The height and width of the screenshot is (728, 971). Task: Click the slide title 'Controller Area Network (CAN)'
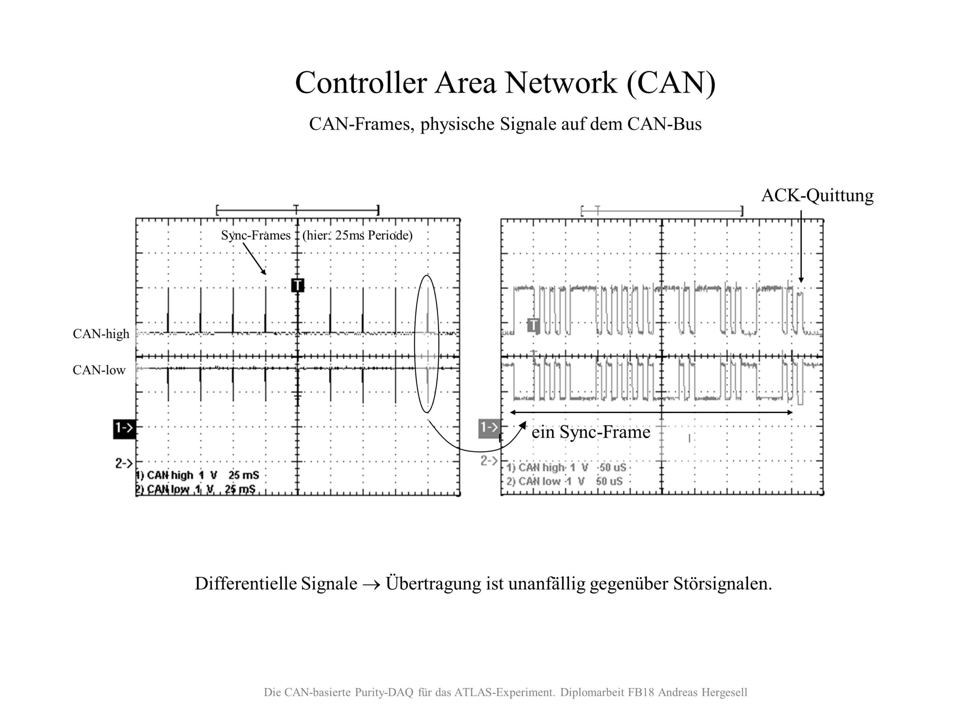click(x=505, y=83)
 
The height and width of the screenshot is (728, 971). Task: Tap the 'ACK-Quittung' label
click(x=817, y=196)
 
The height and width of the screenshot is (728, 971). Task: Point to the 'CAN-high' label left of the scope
click(x=101, y=334)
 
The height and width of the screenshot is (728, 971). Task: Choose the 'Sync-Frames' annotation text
click(x=256, y=235)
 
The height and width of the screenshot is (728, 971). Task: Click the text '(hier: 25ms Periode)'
click(x=357, y=235)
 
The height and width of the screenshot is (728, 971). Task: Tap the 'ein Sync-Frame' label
click(x=591, y=433)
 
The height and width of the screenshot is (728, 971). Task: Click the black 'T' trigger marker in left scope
click(x=298, y=285)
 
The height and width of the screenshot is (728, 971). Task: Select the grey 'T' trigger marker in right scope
click(x=533, y=325)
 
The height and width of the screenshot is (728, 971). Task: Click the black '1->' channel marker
click(x=124, y=428)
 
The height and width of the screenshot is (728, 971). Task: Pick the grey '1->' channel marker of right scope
click(x=489, y=427)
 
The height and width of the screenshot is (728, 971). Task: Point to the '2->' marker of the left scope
click(x=124, y=463)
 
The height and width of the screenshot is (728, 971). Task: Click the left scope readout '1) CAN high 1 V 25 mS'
click(x=198, y=475)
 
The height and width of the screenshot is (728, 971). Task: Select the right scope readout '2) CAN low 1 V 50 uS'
click(x=564, y=482)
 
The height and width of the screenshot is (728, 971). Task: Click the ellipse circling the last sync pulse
click(x=415, y=342)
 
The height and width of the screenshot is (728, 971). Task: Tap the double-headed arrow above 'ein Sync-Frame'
click(x=651, y=413)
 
